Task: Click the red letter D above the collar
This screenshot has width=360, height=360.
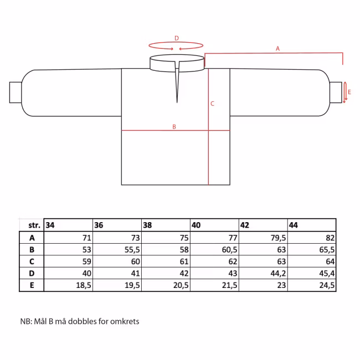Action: click(177, 38)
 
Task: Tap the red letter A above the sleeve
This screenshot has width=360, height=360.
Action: click(278, 48)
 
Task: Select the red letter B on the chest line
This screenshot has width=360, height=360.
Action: click(174, 126)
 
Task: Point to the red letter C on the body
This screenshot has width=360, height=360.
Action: click(212, 104)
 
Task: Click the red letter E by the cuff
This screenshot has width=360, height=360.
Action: click(349, 92)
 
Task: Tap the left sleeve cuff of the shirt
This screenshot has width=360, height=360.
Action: click(16, 92)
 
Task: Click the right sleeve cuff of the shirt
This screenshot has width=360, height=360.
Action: click(336, 92)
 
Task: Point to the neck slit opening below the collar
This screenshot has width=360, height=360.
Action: click(177, 82)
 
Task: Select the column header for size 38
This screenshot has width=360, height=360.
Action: click(147, 225)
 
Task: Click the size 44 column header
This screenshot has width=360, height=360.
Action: click(294, 225)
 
